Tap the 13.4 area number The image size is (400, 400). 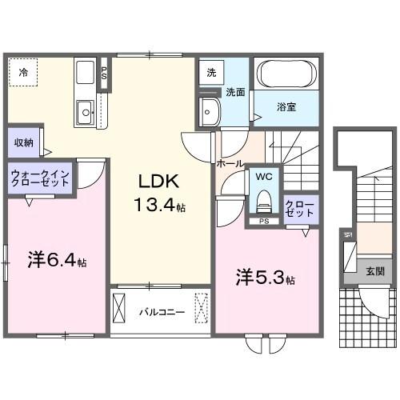(x=157, y=206)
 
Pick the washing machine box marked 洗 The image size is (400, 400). (x=210, y=71)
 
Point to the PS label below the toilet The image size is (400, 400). (x=262, y=222)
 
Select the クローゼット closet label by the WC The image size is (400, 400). (x=301, y=209)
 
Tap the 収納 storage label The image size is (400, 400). (x=22, y=143)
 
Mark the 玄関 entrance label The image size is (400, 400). (x=374, y=271)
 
